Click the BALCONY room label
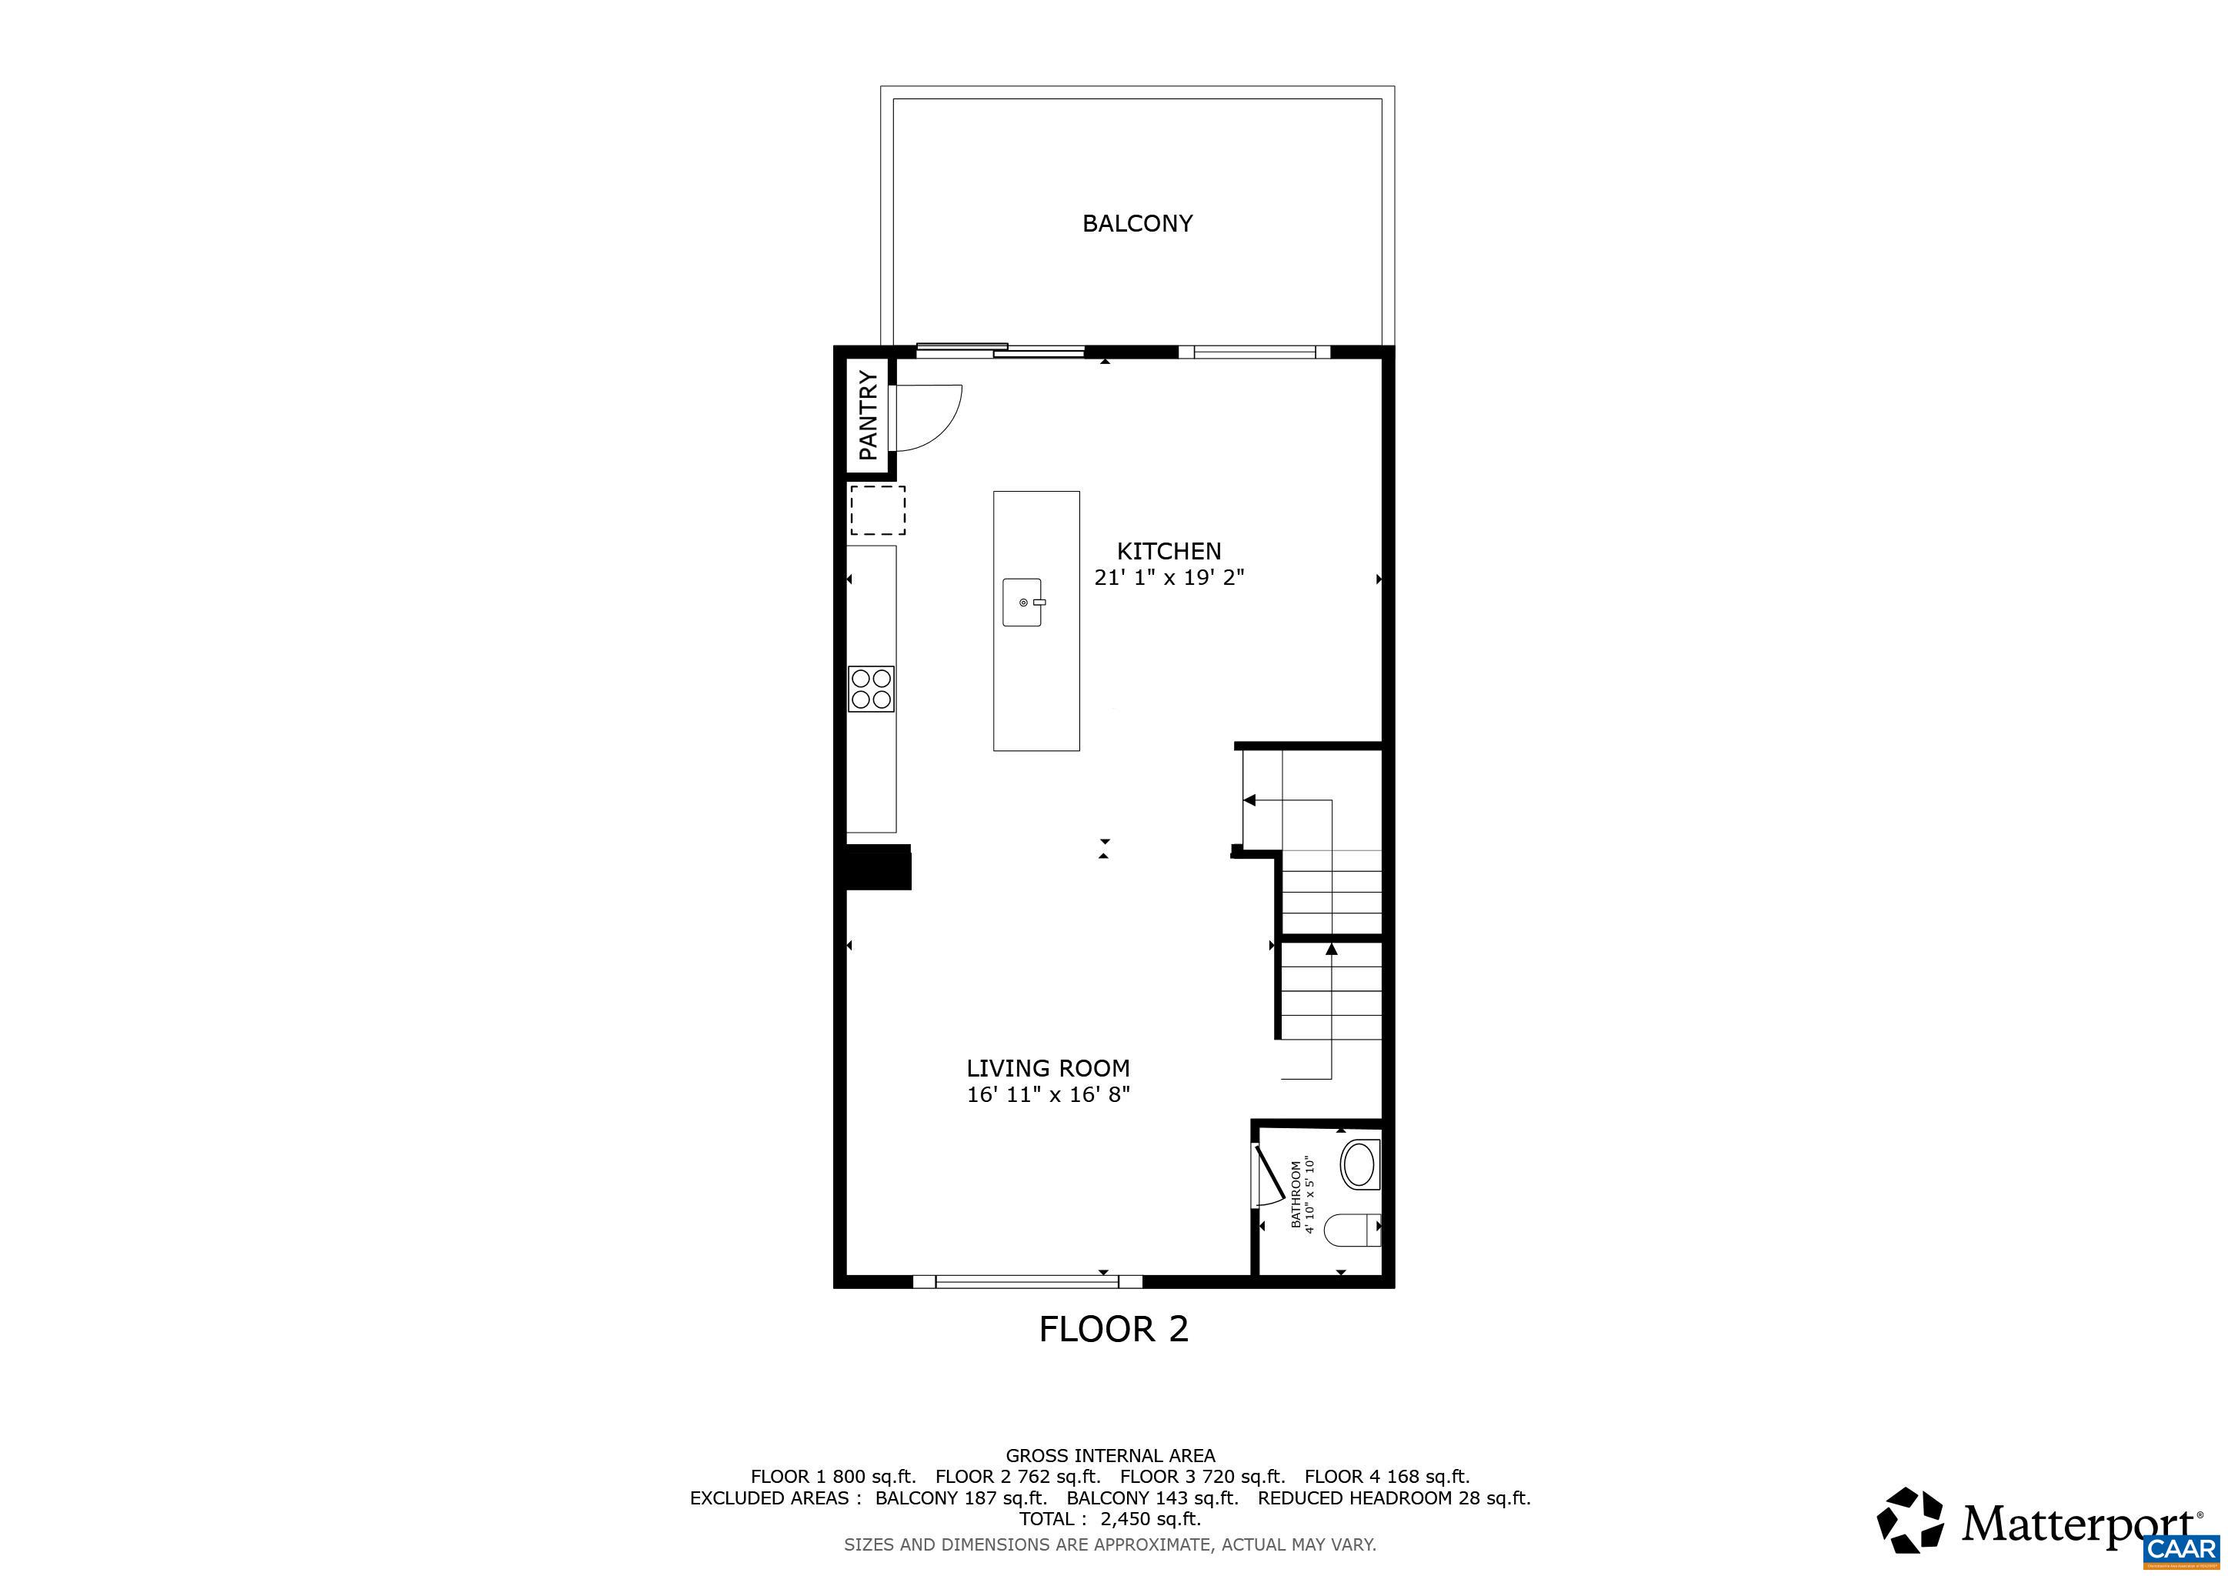1136,223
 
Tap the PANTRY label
869,416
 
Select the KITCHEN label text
1169,551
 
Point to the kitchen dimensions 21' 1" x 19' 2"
1169,577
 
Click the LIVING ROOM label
1048,1068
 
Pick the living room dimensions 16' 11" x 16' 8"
1049,1095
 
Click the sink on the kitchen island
1022,603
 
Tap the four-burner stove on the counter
872,689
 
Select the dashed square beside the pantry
878,510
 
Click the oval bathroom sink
1359,1166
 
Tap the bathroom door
1269,1176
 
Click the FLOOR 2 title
1114,1328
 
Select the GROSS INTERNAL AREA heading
1110,1456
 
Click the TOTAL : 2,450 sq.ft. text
1110,1519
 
